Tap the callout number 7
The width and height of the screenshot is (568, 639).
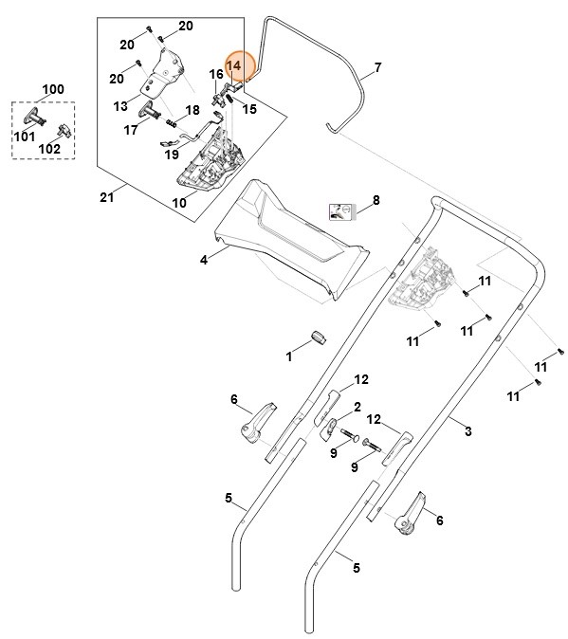point(377,67)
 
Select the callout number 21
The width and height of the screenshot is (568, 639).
point(106,197)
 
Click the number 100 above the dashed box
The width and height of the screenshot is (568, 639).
point(53,89)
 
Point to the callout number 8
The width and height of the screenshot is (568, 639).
point(376,200)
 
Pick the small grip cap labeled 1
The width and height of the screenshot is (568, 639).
point(319,338)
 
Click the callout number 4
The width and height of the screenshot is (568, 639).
point(203,258)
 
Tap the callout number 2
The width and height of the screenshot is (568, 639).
point(357,407)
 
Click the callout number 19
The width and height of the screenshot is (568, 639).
point(172,154)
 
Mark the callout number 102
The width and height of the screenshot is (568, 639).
point(49,149)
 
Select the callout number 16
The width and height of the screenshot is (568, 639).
point(216,74)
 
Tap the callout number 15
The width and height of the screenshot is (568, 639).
point(249,109)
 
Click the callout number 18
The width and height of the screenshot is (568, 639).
point(192,110)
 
